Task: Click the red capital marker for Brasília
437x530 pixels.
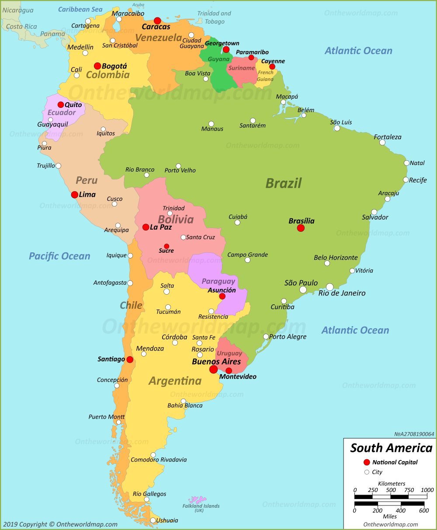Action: click(x=301, y=228)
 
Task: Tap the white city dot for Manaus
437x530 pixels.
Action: click(x=211, y=124)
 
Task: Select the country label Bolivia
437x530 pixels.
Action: click(x=176, y=219)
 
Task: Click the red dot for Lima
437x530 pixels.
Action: click(x=75, y=195)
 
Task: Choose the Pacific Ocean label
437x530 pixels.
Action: click(x=59, y=256)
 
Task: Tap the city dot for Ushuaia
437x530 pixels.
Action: click(x=153, y=520)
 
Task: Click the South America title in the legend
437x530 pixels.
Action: click(x=391, y=448)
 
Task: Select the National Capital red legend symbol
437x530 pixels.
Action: click(x=367, y=462)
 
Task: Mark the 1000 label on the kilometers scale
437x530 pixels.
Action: click(x=427, y=490)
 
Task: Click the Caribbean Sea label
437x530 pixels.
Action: click(x=80, y=9)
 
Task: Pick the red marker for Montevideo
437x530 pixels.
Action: click(x=229, y=371)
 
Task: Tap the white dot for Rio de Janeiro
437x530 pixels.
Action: click(x=329, y=287)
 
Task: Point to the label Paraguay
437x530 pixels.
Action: click(x=218, y=281)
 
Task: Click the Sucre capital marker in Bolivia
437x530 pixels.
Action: click(x=166, y=246)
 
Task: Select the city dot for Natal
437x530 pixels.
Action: click(x=406, y=163)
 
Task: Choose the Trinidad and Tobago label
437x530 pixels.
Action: click(x=214, y=17)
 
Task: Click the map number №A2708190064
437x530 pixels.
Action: click(x=414, y=434)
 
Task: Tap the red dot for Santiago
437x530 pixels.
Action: click(x=130, y=359)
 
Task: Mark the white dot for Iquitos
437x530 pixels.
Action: click(x=103, y=129)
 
